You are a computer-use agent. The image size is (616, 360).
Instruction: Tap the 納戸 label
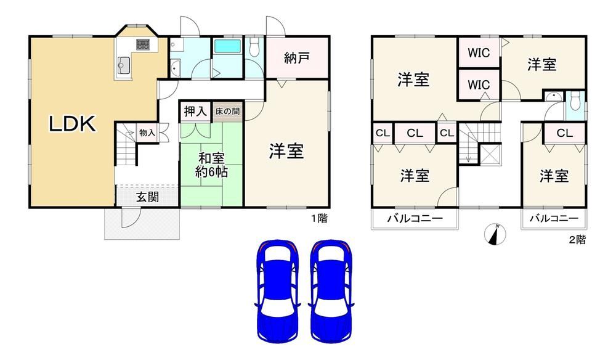point(296,59)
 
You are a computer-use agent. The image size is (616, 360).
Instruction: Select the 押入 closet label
point(195,112)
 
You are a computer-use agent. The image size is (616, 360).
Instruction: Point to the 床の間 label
point(227,112)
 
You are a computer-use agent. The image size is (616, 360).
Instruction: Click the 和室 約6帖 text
point(211,165)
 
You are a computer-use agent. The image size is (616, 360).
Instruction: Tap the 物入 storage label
point(147,133)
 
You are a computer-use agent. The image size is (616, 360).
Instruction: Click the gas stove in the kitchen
point(143,44)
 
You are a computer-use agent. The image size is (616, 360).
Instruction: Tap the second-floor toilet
point(575,101)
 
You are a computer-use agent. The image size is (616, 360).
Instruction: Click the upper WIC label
point(479,52)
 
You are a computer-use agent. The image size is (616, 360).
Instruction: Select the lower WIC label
point(479,84)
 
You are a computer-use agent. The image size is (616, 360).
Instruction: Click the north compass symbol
point(496,234)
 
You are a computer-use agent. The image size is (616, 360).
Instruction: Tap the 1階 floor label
point(318,218)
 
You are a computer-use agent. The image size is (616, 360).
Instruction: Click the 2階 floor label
point(577,240)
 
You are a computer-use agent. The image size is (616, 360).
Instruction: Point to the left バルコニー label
point(415,219)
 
